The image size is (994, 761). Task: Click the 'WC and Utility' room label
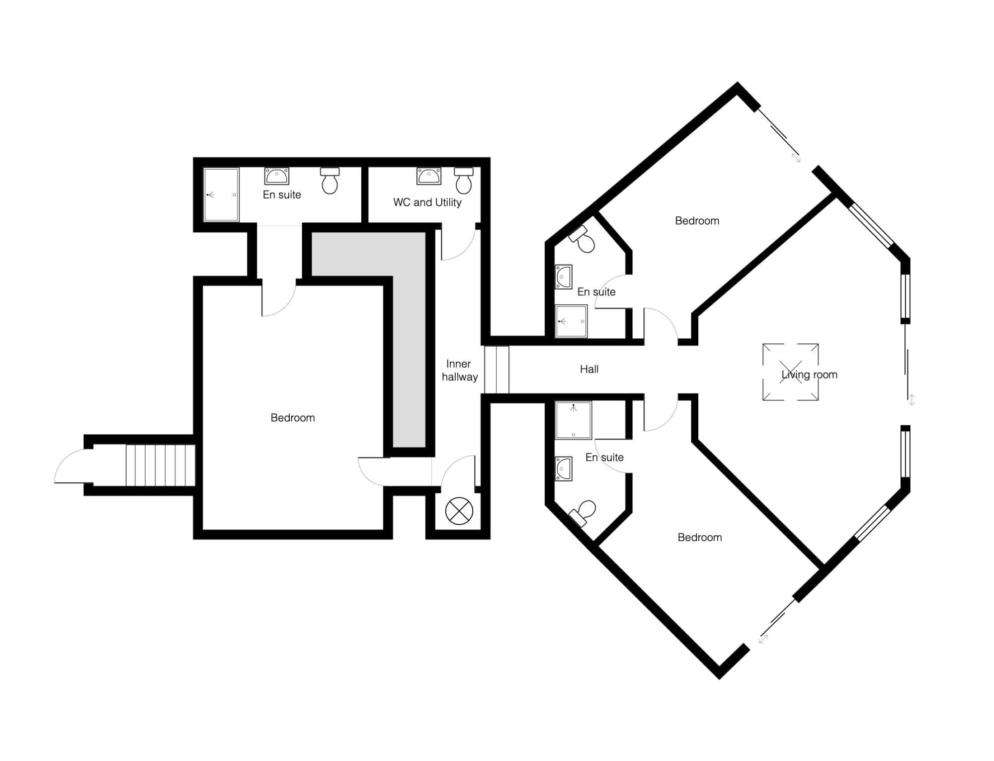coord(427,202)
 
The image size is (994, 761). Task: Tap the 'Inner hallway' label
coord(459,371)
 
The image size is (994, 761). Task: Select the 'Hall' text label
coord(589,369)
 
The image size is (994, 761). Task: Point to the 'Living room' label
coord(809,375)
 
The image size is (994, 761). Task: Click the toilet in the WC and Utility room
coord(464,180)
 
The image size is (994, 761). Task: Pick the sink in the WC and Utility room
coord(428,176)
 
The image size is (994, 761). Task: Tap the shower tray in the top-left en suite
coord(221,194)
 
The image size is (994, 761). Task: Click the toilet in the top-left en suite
coord(330,180)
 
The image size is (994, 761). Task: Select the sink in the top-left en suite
coord(277,176)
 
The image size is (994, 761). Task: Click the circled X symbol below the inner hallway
coord(459,511)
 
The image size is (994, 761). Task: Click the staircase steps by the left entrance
coord(160,465)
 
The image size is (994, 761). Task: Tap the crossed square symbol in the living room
coord(790,372)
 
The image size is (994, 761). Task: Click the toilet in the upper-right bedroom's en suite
coord(582,239)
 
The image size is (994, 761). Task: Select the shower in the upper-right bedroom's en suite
coord(571,321)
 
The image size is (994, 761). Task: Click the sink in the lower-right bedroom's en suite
coord(564,469)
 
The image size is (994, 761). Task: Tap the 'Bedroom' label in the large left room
coord(293,418)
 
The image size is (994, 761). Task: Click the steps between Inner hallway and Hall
coord(497,370)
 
